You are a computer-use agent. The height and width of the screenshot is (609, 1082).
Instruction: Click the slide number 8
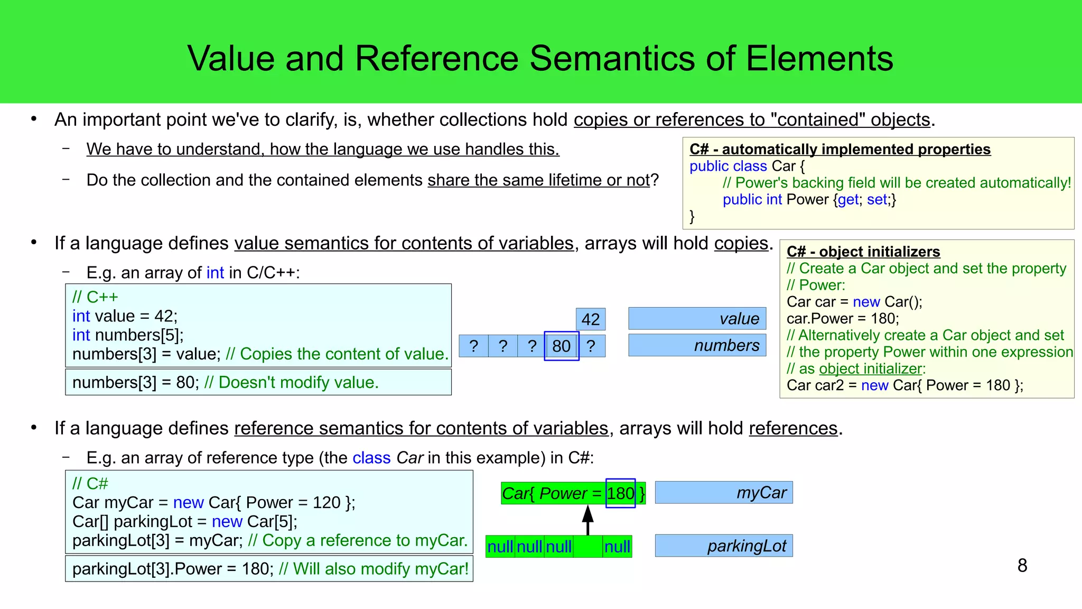click(x=1022, y=565)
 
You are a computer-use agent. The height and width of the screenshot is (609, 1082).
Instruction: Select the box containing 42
click(x=590, y=319)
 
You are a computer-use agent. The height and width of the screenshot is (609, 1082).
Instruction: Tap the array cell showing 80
click(x=561, y=346)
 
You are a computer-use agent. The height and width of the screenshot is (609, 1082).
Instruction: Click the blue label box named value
click(x=697, y=318)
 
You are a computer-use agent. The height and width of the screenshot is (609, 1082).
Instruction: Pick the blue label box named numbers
click(x=697, y=345)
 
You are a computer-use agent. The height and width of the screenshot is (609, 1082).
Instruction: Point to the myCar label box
click(x=723, y=492)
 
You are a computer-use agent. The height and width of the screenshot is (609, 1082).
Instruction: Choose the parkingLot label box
click(x=723, y=546)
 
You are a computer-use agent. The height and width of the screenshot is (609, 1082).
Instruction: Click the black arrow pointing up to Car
click(x=587, y=520)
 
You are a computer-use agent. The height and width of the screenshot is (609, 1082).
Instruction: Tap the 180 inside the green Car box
click(x=620, y=493)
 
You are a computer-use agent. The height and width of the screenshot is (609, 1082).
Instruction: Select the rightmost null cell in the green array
click(x=617, y=547)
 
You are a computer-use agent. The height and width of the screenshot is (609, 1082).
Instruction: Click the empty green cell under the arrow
click(x=587, y=547)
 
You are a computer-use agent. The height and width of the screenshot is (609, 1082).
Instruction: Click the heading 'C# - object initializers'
click(x=863, y=252)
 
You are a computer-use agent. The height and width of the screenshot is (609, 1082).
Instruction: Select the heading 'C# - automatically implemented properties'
click(x=840, y=149)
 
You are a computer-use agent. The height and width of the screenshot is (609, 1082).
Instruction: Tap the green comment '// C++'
click(x=95, y=297)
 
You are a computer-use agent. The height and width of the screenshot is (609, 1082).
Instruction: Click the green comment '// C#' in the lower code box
click(x=90, y=483)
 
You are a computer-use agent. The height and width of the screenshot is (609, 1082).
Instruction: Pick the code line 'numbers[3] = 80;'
click(x=135, y=382)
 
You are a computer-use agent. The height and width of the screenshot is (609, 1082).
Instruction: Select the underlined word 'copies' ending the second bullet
click(x=741, y=243)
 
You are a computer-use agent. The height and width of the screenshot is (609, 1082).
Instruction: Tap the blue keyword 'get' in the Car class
click(x=848, y=199)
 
